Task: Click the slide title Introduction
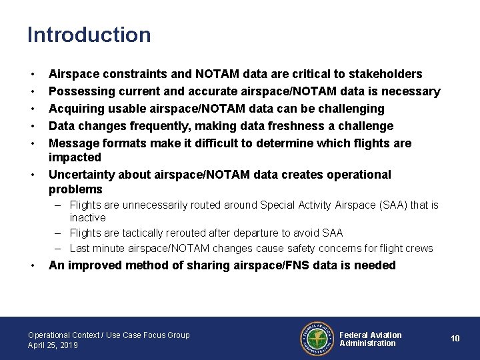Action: [x=89, y=35]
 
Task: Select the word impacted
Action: [x=75, y=157]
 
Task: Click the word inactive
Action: [x=88, y=218]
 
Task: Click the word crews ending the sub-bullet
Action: [x=419, y=249]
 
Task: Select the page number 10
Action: [x=455, y=339]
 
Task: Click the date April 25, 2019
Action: [x=53, y=345]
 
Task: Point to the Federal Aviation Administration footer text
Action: [x=371, y=339]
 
